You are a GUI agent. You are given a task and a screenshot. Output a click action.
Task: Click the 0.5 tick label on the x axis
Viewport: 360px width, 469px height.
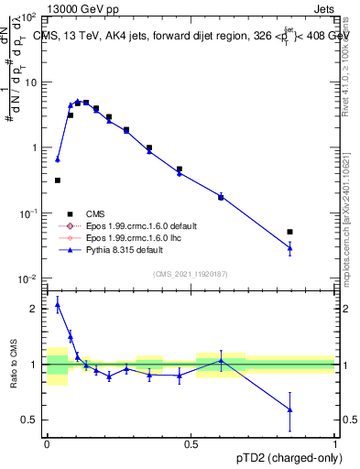coord(191,442)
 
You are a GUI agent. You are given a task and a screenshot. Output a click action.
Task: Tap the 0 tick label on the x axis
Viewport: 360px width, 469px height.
coord(47,442)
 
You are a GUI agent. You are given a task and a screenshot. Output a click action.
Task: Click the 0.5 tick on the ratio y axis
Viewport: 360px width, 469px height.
coord(31,420)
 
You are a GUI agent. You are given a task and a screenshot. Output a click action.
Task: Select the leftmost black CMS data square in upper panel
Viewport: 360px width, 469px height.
coord(58,180)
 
